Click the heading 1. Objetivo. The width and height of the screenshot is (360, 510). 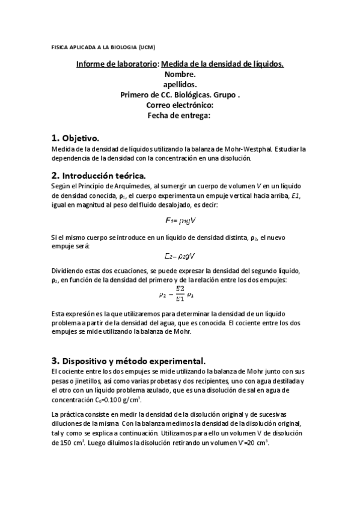pyautogui.click(x=75, y=137)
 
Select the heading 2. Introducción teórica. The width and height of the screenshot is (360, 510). pyautogui.click(x=99, y=176)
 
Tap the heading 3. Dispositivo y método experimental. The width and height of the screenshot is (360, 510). pyautogui.click(x=129, y=361)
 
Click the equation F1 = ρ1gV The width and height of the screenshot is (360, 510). pyautogui.click(x=180, y=221)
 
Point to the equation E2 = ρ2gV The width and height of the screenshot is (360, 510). pyautogui.click(x=180, y=256)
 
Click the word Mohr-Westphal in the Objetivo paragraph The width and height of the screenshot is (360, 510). pyautogui.click(x=238, y=149)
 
